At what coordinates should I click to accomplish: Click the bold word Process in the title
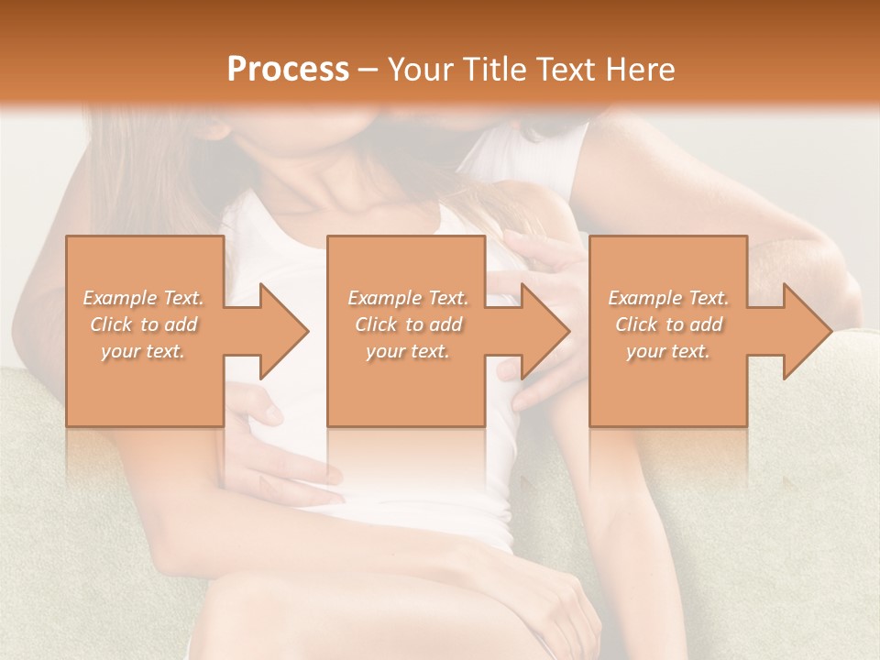(x=288, y=70)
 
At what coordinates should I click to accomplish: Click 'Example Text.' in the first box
(x=144, y=298)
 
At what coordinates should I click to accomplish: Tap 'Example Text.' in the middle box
(x=408, y=298)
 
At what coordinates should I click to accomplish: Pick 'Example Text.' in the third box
(x=668, y=298)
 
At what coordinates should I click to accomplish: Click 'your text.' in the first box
(x=144, y=351)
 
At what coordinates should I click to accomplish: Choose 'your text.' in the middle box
(x=408, y=351)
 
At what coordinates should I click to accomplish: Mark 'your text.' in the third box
(x=668, y=351)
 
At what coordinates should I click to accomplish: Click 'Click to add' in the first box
(x=144, y=324)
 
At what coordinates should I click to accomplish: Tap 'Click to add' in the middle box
(x=408, y=324)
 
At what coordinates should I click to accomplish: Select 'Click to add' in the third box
(x=668, y=324)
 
